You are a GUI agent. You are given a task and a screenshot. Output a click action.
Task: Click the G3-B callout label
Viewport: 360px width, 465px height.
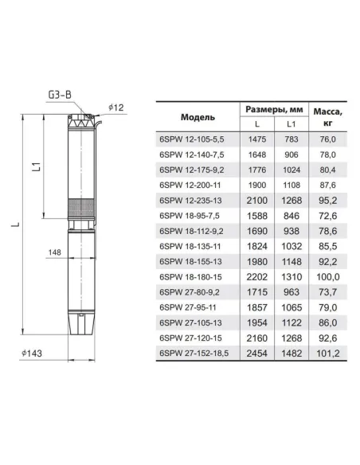tap(60, 95)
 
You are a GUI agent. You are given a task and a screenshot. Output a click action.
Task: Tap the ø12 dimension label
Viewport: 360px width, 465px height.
tap(115, 107)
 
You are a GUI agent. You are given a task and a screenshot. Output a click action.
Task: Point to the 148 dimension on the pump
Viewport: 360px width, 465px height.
tap(55, 252)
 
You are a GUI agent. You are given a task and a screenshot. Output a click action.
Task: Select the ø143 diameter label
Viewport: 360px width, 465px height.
tap(31, 354)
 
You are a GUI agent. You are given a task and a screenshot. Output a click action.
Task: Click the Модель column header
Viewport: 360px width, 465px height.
tap(198, 117)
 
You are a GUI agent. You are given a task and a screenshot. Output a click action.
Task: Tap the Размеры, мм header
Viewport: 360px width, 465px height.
tap(274, 109)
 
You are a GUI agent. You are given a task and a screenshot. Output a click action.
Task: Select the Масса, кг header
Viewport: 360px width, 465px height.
tap(327, 117)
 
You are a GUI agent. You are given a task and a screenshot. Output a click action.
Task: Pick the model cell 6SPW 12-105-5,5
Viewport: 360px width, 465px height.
tap(192, 139)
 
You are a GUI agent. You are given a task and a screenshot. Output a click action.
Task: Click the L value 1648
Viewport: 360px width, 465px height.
tap(257, 154)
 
